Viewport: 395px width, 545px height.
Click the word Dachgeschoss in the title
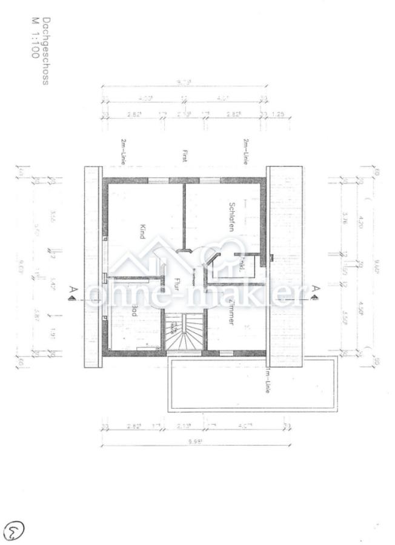[45, 51]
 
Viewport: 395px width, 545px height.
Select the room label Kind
[143, 232]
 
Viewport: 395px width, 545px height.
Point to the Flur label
[178, 284]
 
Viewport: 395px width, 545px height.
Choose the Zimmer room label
[231, 312]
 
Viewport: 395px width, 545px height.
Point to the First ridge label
[184, 156]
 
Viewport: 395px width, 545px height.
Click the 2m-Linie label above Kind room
[124, 152]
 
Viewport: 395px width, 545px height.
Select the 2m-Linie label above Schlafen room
[246, 152]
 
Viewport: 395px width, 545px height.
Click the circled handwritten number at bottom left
[12, 530]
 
